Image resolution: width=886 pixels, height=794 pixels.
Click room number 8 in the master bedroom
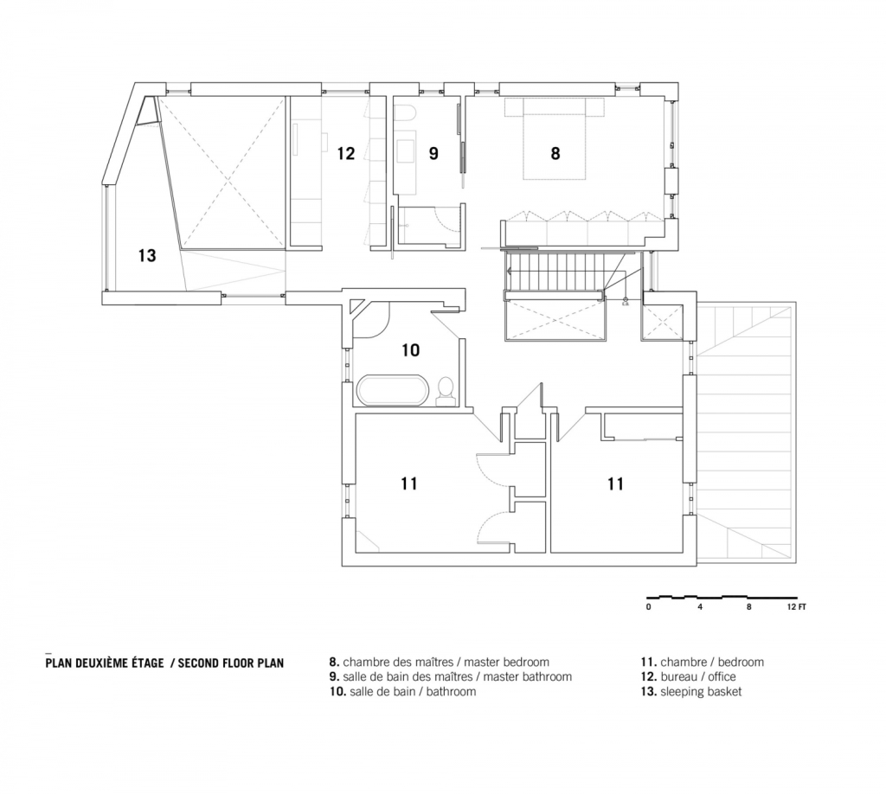(555, 153)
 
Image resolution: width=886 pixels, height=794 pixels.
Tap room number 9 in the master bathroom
(433, 153)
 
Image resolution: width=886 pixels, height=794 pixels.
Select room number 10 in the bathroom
(411, 350)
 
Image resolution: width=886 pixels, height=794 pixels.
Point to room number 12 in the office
(346, 153)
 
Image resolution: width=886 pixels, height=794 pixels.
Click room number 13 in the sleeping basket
(147, 255)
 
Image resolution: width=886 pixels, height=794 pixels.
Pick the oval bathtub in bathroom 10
(391, 390)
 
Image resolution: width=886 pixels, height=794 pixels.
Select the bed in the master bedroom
(555, 139)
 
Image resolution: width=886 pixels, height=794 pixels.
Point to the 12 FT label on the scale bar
(797, 607)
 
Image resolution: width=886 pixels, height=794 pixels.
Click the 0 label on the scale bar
(649, 607)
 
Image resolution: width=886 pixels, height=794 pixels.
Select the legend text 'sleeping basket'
(701, 691)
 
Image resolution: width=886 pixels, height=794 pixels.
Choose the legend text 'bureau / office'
(698, 676)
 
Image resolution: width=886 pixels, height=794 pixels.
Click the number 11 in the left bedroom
(409, 483)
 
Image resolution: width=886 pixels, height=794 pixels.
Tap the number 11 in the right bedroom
(615, 483)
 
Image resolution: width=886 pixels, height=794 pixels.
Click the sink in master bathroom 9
(406, 150)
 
